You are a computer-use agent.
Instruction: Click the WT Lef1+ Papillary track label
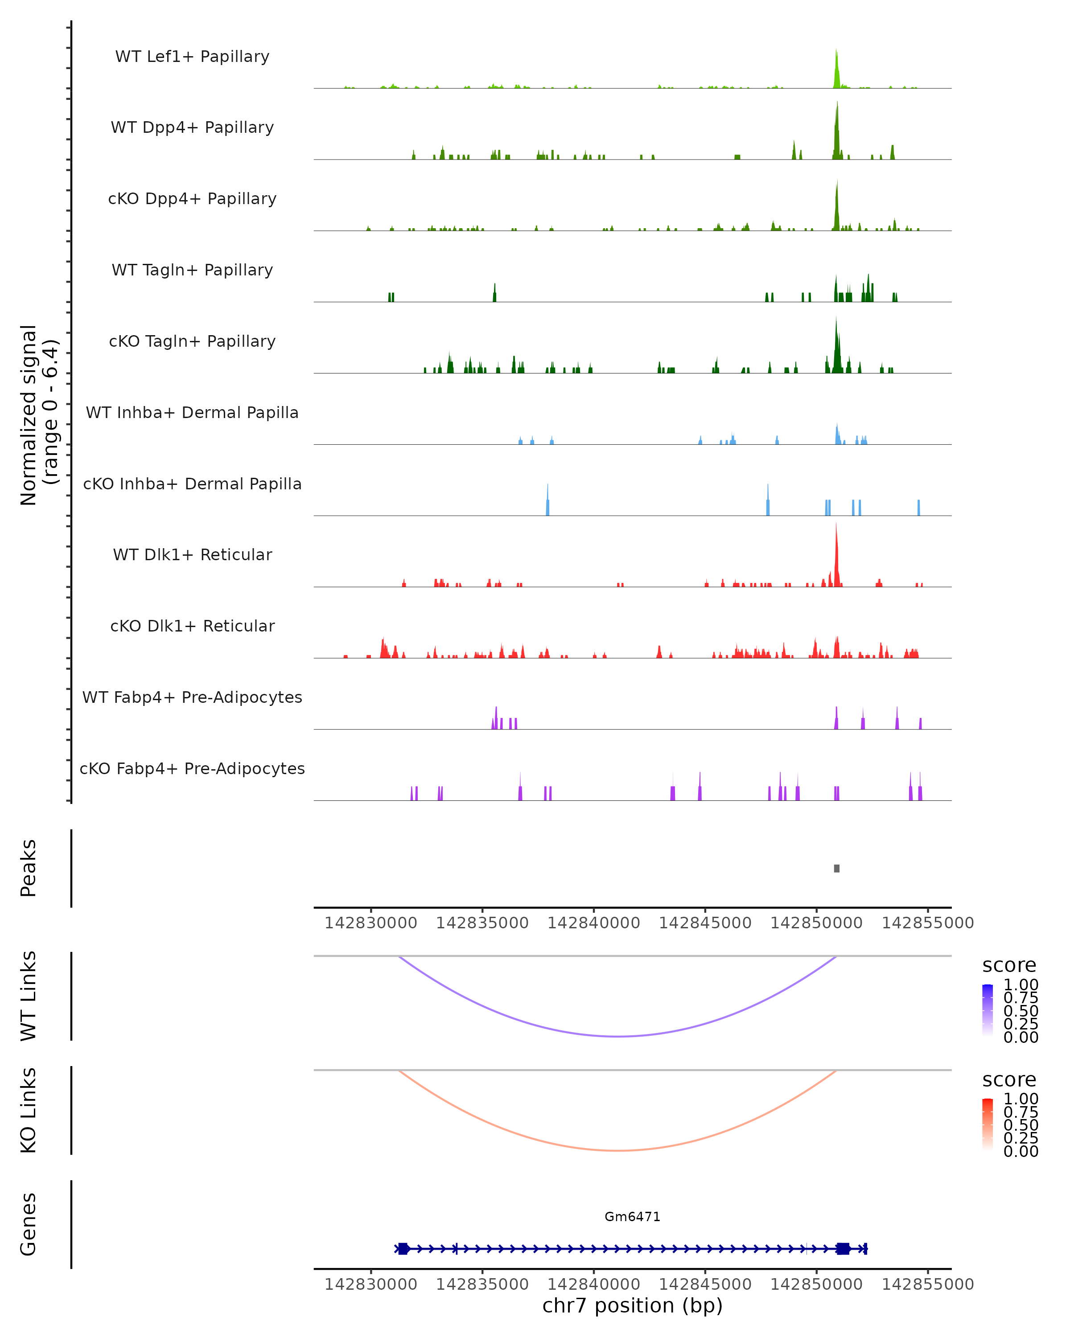(x=192, y=57)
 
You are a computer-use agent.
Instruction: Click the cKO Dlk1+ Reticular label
(x=192, y=626)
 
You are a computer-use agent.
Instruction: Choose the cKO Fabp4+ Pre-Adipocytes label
(x=192, y=768)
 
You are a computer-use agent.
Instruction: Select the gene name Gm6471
(x=632, y=1217)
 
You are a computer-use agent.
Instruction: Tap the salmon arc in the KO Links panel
(x=617, y=1150)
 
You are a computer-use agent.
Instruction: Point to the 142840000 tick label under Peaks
(x=593, y=923)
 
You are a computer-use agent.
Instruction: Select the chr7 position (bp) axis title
(x=632, y=1305)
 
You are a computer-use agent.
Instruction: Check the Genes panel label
(x=29, y=1224)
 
